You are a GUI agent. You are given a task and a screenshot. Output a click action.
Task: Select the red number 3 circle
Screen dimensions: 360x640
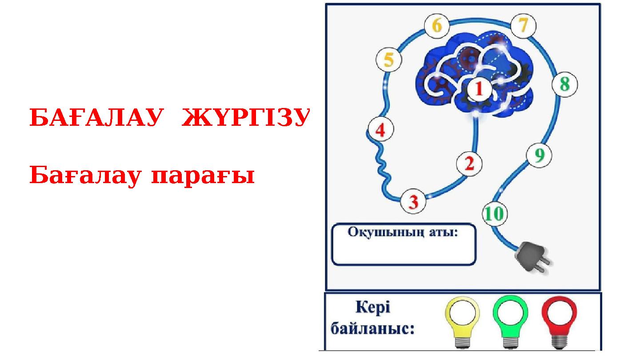click(x=413, y=202)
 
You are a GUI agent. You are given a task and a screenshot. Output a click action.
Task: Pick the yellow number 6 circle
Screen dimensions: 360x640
click(x=437, y=27)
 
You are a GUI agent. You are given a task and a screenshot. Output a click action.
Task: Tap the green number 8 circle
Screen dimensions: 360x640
click(x=564, y=84)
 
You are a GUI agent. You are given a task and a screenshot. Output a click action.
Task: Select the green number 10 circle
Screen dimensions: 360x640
click(x=494, y=214)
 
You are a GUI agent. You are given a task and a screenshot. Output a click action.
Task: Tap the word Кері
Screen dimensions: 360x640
click(x=373, y=308)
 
